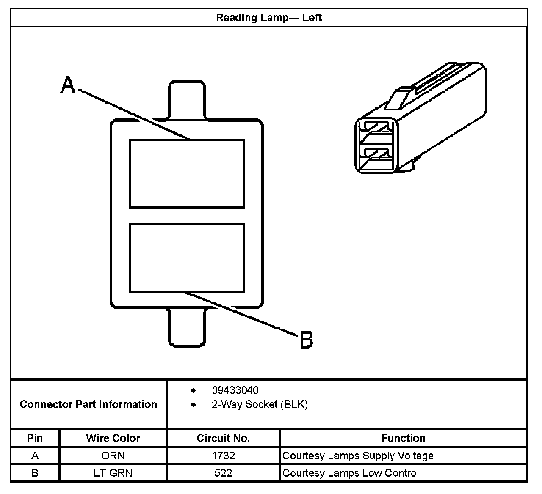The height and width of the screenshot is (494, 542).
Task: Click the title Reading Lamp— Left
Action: [269, 18]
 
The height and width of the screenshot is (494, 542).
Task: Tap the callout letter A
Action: [68, 85]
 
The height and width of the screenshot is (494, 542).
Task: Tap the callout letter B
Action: [306, 340]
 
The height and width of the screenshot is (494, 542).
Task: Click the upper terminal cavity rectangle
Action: [187, 173]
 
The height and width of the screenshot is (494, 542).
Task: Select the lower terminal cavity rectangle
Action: [187, 258]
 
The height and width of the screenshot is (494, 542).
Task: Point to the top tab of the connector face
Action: [187, 100]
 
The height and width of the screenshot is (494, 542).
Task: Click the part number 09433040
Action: [235, 390]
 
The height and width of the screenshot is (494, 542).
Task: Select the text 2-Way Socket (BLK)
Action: [260, 405]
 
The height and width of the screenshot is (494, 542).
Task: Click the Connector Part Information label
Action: [88, 404]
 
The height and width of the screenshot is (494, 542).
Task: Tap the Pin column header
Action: [35, 438]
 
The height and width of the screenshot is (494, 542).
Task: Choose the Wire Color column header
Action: [113, 438]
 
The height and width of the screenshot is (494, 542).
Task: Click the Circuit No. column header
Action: [223, 438]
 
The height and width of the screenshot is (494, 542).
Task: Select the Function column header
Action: [403, 438]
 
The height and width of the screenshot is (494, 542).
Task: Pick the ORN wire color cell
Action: [113, 456]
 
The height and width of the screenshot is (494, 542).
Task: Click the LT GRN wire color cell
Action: [113, 473]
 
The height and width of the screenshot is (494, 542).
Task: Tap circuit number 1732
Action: [223, 456]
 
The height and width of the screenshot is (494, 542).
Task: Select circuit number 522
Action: [223, 473]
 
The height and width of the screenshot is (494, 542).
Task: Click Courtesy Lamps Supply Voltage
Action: [358, 456]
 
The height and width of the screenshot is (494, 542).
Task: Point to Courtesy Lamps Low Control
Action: [351, 473]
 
